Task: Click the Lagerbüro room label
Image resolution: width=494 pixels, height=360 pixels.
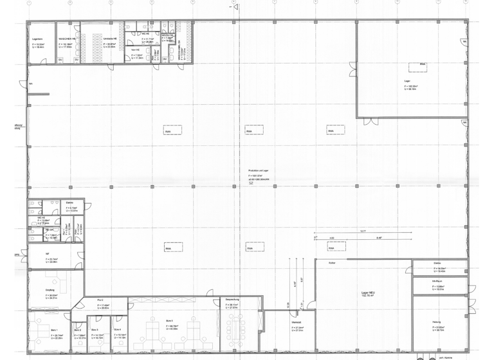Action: [37, 40]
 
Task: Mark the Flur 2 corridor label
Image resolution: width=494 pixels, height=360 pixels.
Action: [100, 300]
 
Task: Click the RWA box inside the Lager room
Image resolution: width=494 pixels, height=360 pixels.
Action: [423, 65]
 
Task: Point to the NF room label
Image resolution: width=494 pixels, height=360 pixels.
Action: [48, 255]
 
